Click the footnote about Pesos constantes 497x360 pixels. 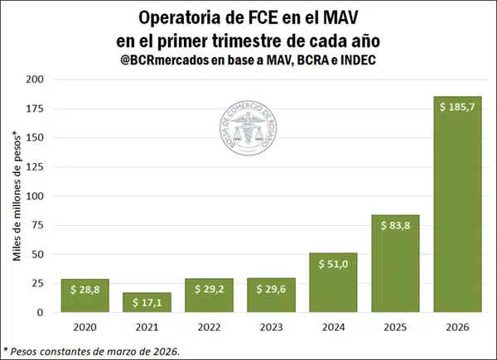pyautogui.click(x=91, y=352)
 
